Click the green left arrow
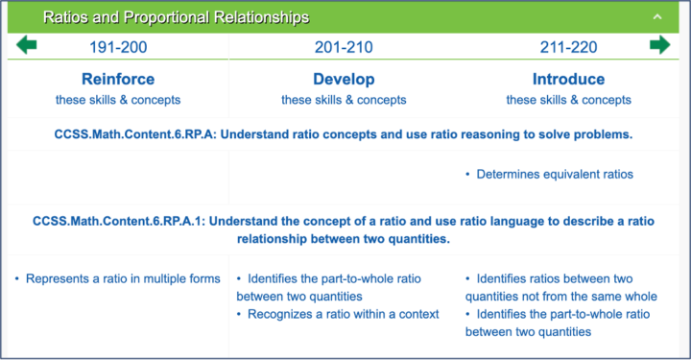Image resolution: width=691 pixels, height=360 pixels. [x=26, y=46]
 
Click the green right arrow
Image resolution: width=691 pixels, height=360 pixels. [x=659, y=46]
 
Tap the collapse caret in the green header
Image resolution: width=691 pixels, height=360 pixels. [x=656, y=17]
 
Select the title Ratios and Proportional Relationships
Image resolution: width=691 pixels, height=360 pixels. [x=177, y=17]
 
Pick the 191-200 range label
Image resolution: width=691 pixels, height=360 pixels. [x=118, y=47]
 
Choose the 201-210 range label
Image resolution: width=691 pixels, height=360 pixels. [x=344, y=47]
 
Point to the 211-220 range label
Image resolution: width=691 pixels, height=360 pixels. [x=568, y=47]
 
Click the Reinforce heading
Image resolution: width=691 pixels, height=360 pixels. [x=118, y=79]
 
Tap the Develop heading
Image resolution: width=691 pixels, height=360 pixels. [x=344, y=79]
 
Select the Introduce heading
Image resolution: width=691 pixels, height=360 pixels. [x=568, y=79]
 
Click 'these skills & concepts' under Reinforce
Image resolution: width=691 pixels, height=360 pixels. [x=118, y=100]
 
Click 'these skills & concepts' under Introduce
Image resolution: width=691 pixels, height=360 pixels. [x=568, y=100]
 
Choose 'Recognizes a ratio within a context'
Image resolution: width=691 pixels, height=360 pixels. [x=343, y=315]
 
